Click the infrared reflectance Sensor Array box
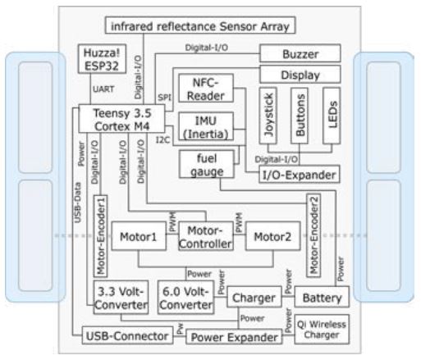198,26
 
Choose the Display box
300,74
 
